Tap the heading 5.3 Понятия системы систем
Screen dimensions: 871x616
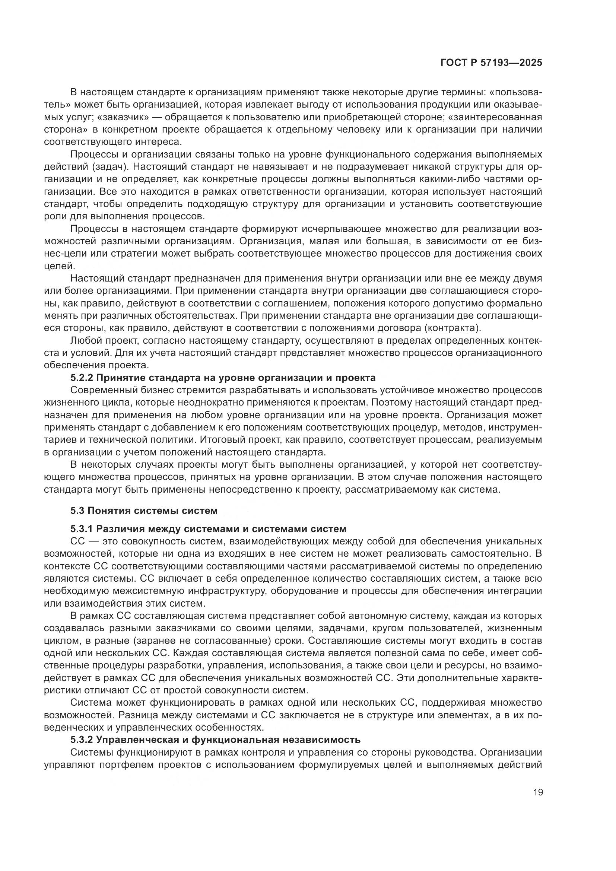coord(144,511)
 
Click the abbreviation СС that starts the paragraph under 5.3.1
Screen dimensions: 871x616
coord(77,541)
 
